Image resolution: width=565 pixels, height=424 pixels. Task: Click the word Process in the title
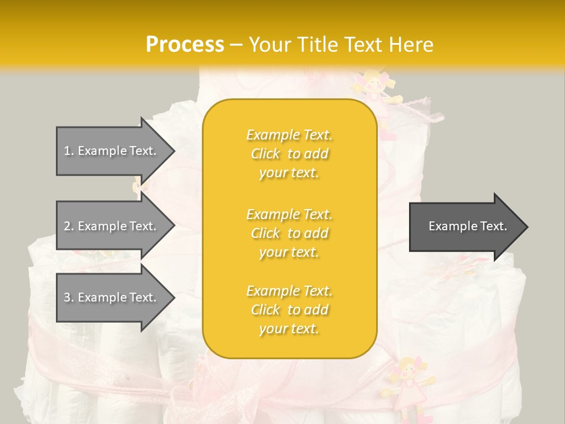185,45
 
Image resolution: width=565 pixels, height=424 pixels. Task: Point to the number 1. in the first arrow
69,151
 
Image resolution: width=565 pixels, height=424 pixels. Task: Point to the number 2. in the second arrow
69,226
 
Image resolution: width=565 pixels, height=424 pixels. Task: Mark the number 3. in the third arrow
69,297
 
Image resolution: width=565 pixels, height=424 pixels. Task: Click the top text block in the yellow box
290,154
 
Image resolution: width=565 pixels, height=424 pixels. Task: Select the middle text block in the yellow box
290,233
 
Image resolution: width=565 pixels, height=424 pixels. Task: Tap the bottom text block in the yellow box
290,310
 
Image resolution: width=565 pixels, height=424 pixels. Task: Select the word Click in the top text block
265,154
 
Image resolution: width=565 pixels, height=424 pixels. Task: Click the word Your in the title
271,45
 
